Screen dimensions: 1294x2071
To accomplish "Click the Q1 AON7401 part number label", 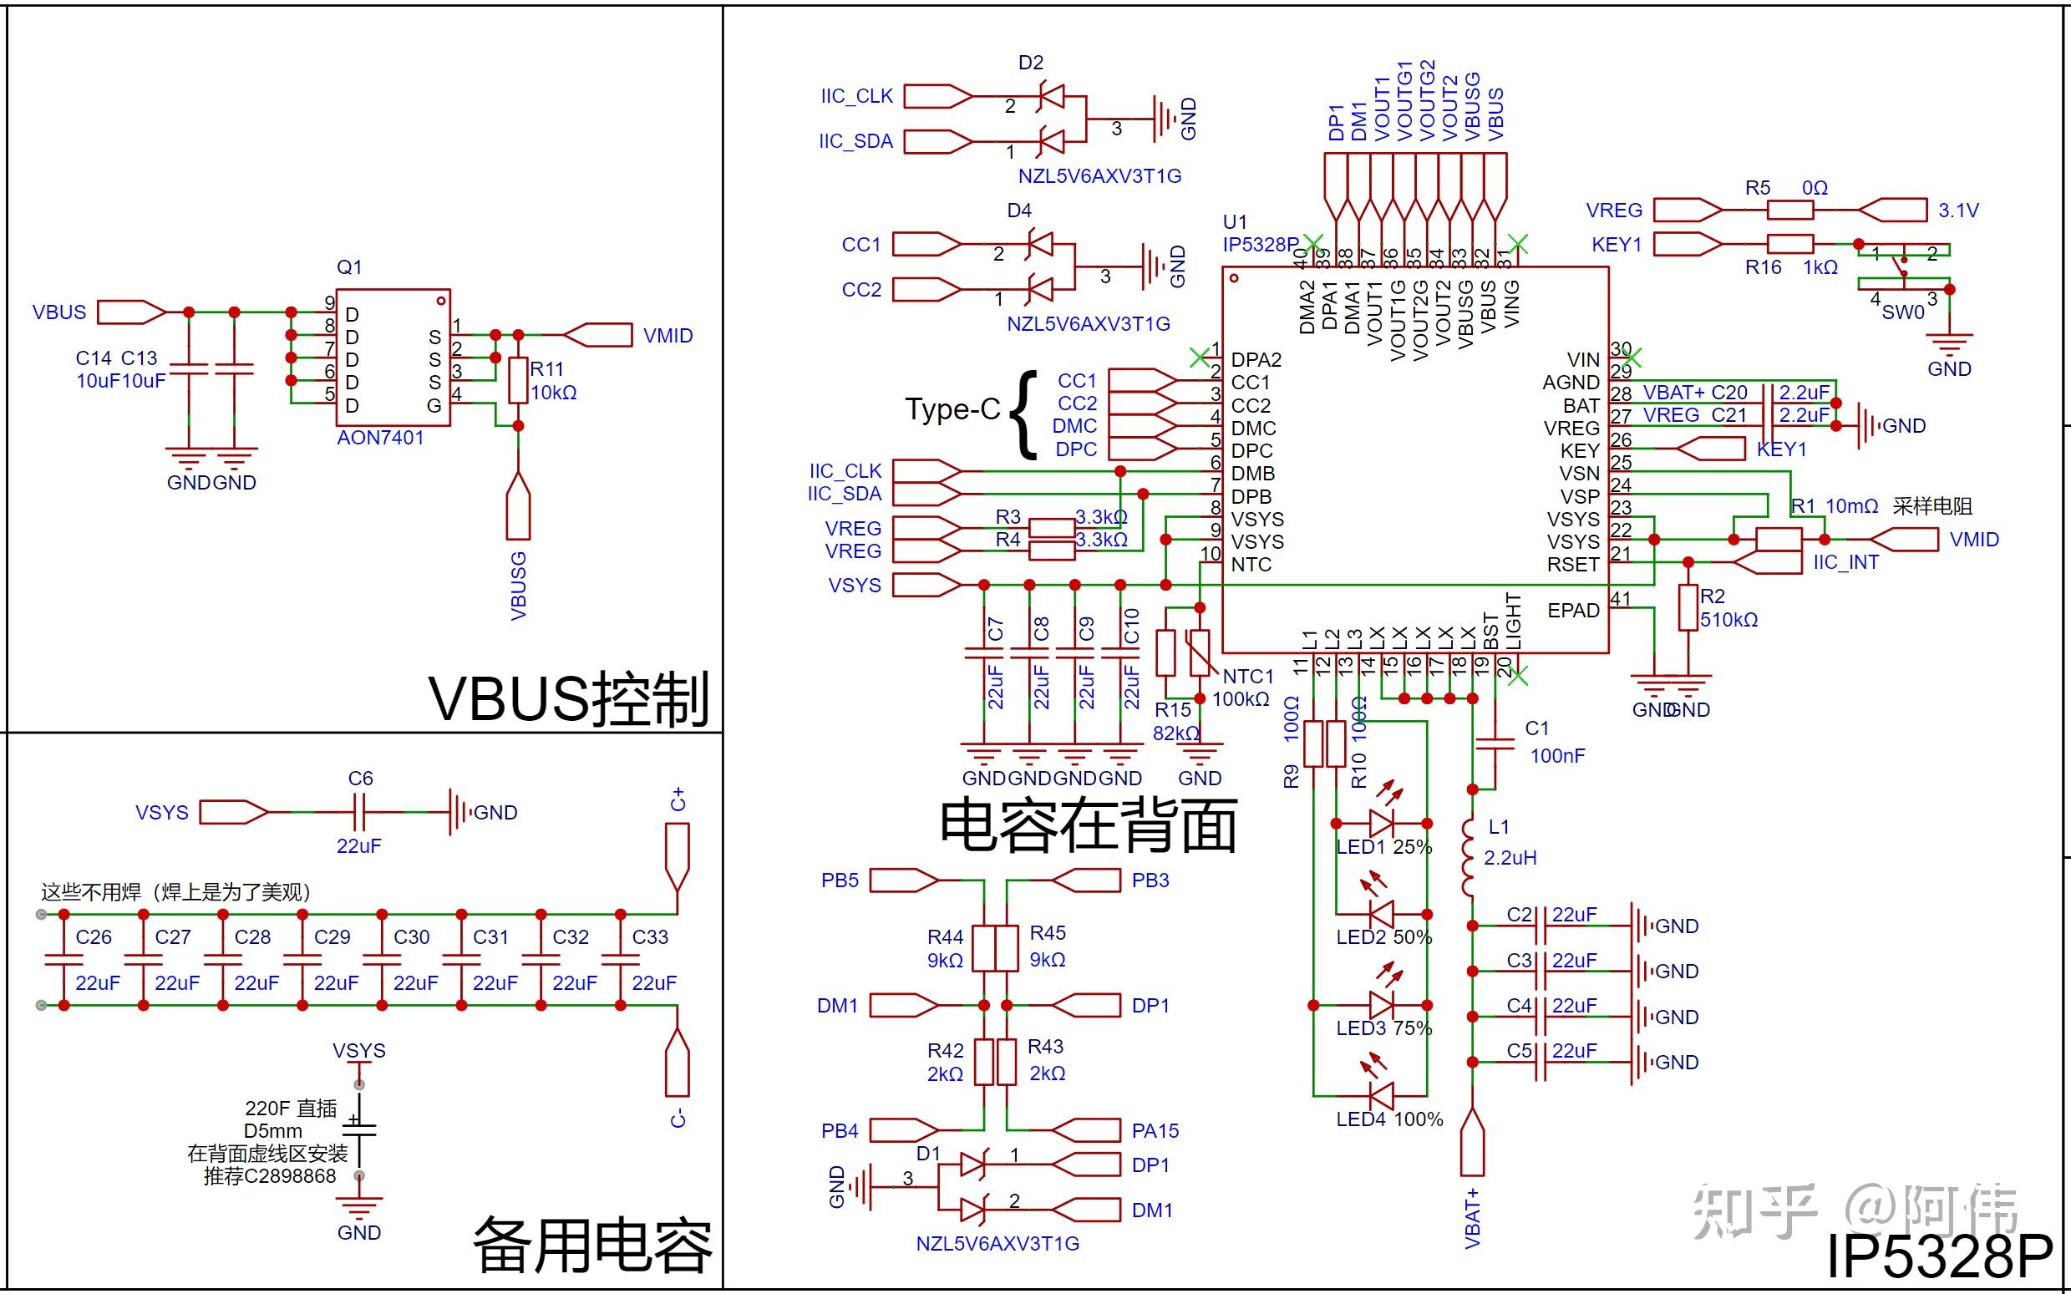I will [x=380, y=438].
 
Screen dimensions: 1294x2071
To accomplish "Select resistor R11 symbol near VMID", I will [x=518, y=380].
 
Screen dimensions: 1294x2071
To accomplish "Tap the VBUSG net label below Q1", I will [x=519, y=586].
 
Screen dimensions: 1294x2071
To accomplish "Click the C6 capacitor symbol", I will [x=359, y=811].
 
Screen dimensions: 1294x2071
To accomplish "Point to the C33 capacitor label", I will [x=650, y=937].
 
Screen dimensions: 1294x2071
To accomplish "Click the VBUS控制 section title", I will [x=568, y=698].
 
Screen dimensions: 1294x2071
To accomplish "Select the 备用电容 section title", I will [x=592, y=1246].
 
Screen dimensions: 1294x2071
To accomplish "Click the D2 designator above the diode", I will [x=1030, y=63].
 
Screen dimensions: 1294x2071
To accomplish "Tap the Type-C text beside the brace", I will [x=952, y=410].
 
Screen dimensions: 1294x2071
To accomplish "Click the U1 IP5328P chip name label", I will [x=1260, y=245].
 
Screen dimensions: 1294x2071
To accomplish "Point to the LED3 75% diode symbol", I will [x=1381, y=1005].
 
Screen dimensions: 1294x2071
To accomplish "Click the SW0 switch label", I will [x=1902, y=312].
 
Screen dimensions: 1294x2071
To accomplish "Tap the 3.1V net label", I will [x=1958, y=211].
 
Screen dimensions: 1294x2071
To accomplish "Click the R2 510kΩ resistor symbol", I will [x=1688, y=607].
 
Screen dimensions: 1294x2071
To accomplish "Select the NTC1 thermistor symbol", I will [x=1200, y=653].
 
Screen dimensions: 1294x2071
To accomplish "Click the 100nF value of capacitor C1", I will [x=1557, y=756].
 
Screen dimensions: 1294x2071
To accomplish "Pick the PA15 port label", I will [x=1155, y=1130].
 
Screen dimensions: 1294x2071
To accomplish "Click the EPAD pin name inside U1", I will [x=1573, y=610].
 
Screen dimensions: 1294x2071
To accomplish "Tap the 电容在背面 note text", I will [x=1089, y=826].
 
